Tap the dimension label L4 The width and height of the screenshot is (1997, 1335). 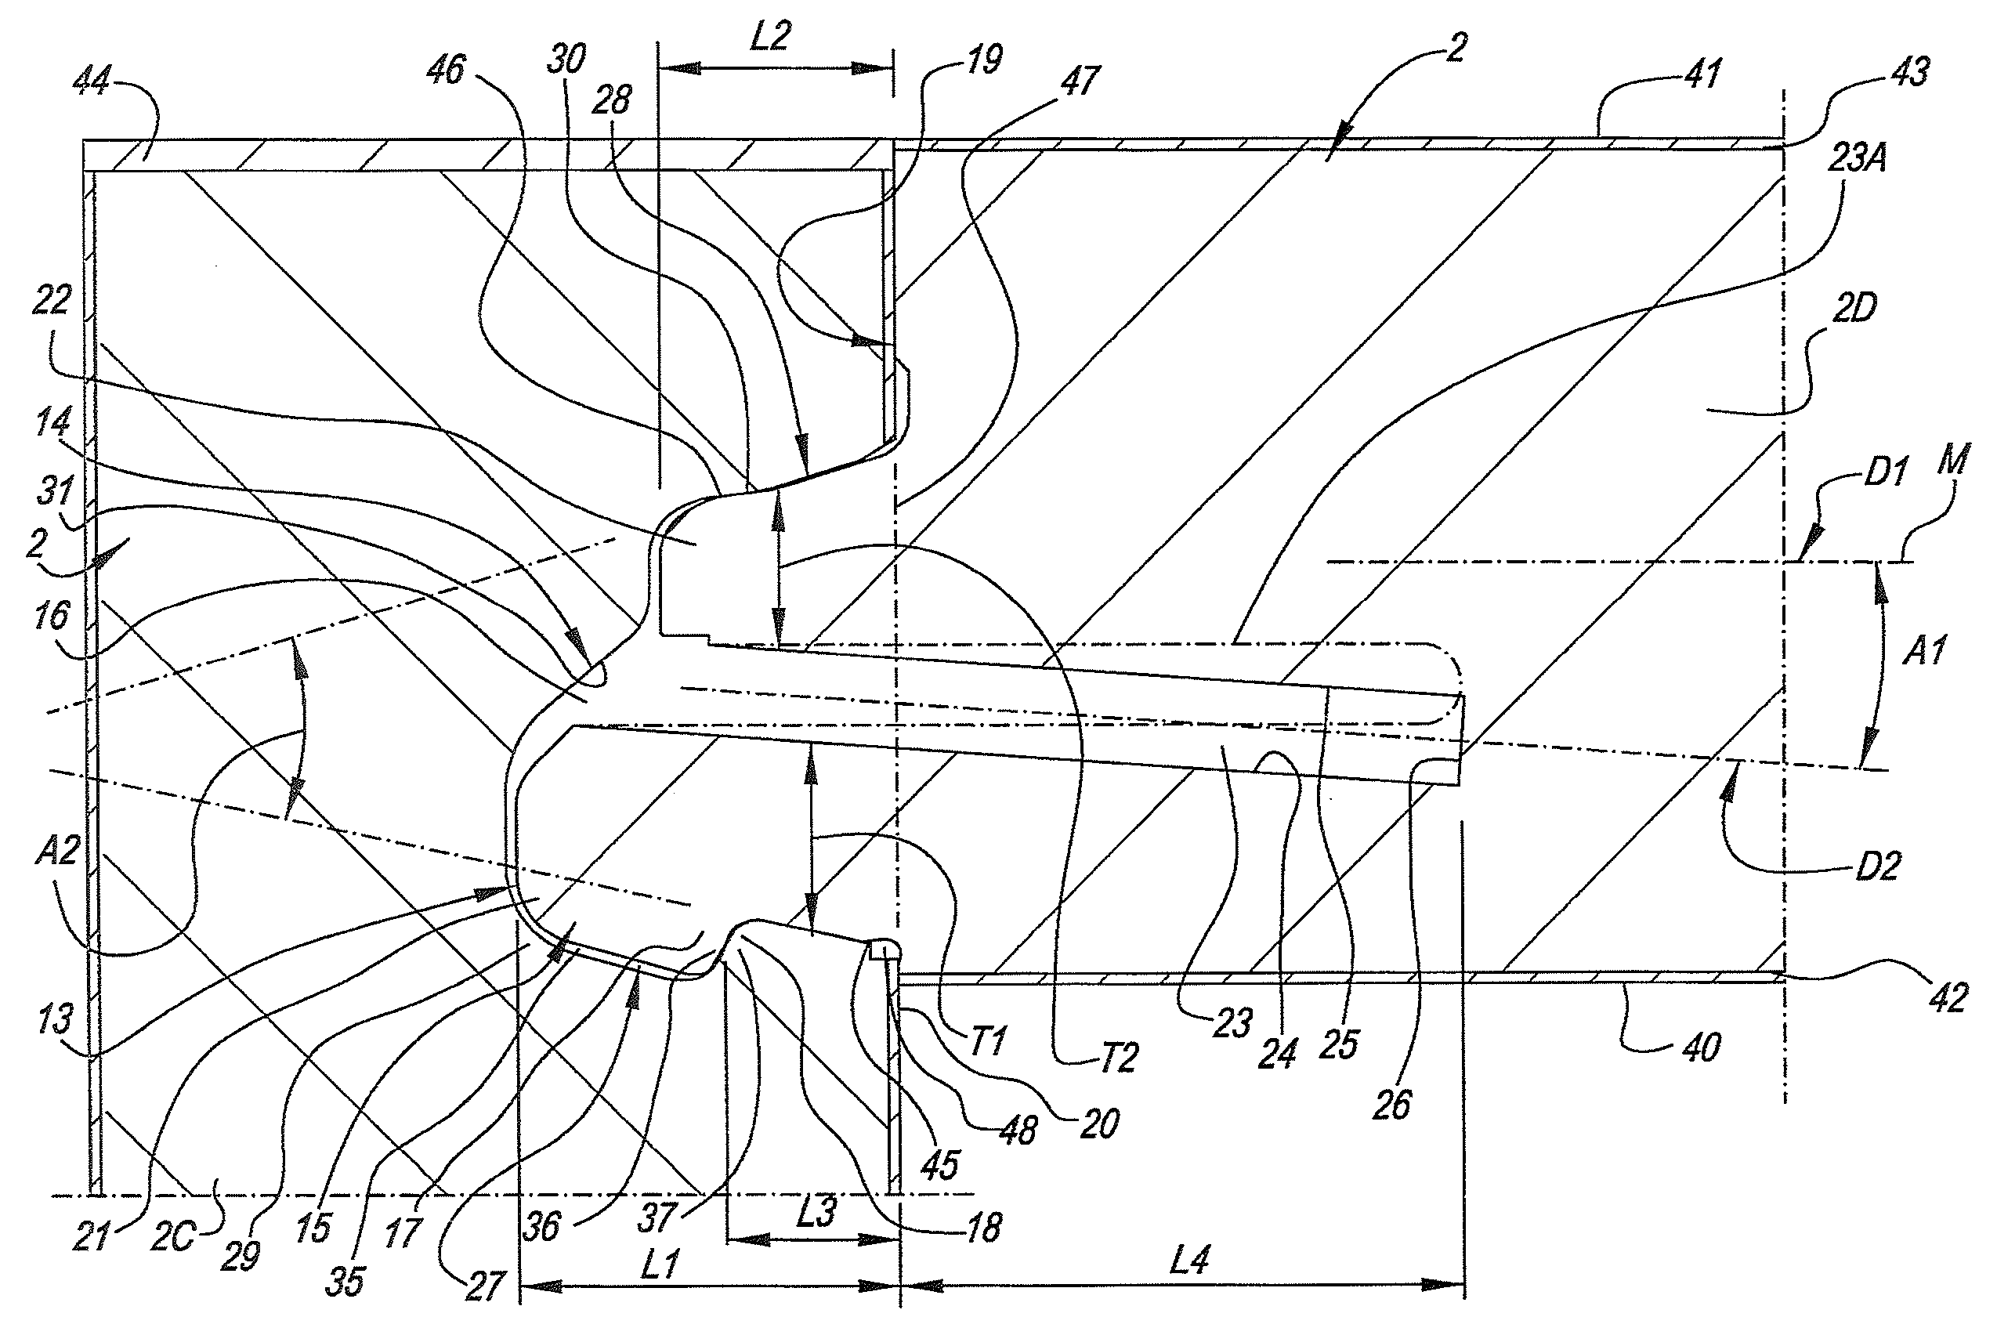(1189, 1259)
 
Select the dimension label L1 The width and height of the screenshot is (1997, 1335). (659, 1264)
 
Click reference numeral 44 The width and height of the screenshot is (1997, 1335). (92, 81)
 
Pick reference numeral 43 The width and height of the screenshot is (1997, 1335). (1909, 72)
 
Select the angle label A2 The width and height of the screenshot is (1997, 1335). (58, 850)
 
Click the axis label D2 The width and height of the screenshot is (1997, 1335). (1877, 866)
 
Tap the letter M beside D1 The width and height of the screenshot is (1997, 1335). (1953, 461)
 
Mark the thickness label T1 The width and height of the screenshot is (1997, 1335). (986, 1040)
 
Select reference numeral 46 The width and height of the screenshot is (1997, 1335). (446, 69)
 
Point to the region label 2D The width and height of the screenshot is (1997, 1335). (1853, 309)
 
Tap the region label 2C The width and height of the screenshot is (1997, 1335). (173, 1237)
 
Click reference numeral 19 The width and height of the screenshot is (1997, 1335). (984, 60)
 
